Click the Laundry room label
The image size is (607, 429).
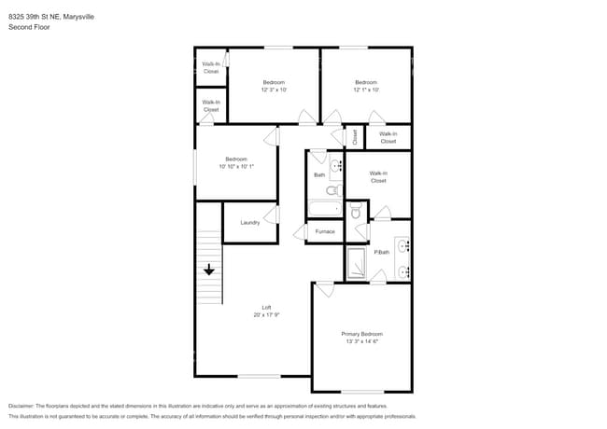pyautogui.click(x=249, y=222)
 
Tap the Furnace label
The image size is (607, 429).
pyautogui.click(x=324, y=231)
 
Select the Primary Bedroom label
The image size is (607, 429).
pyautogui.click(x=360, y=334)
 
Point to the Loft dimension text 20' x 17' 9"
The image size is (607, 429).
pyautogui.click(x=266, y=315)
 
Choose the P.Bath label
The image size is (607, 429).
pyautogui.click(x=381, y=252)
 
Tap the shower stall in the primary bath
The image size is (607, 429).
pyautogui.click(x=358, y=263)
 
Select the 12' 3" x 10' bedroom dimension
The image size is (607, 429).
pyautogui.click(x=274, y=90)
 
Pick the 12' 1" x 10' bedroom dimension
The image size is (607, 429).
pyautogui.click(x=365, y=90)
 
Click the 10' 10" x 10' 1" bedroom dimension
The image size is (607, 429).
pyautogui.click(x=236, y=166)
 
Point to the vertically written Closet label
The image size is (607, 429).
pyautogui.click(x=354, y=137)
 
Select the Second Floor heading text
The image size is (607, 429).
pyautogui.click(x=29, y=28)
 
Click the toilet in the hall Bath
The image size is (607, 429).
pyautogui.click(x=332, y=190)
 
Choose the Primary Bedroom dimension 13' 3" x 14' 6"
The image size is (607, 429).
pyautogui.click(x=360, y=341)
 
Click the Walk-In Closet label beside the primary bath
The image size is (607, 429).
pyautogui.click(x=377, y=176)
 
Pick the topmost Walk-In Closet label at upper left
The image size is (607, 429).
pyautogui.click(x=211, y=67)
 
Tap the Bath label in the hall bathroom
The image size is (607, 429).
pyautogui.click(x=318, y=174)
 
